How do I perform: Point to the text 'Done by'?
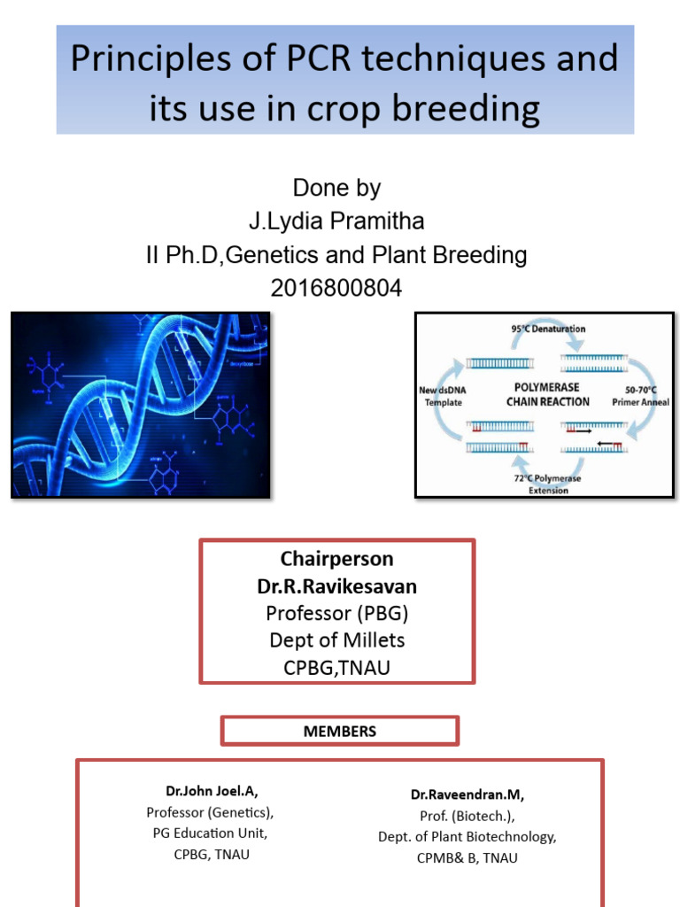tap(336, 188)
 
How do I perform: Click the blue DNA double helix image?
tap(141, 404)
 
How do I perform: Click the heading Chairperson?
tap(336, 559)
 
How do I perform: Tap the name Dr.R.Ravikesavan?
tap(336, 585)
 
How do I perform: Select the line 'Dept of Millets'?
tap(336, 640)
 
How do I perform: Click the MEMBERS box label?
tap(340, 732)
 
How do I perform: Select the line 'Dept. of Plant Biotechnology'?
tap(467, 837)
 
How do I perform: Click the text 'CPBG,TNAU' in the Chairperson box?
tap(336, 668)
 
